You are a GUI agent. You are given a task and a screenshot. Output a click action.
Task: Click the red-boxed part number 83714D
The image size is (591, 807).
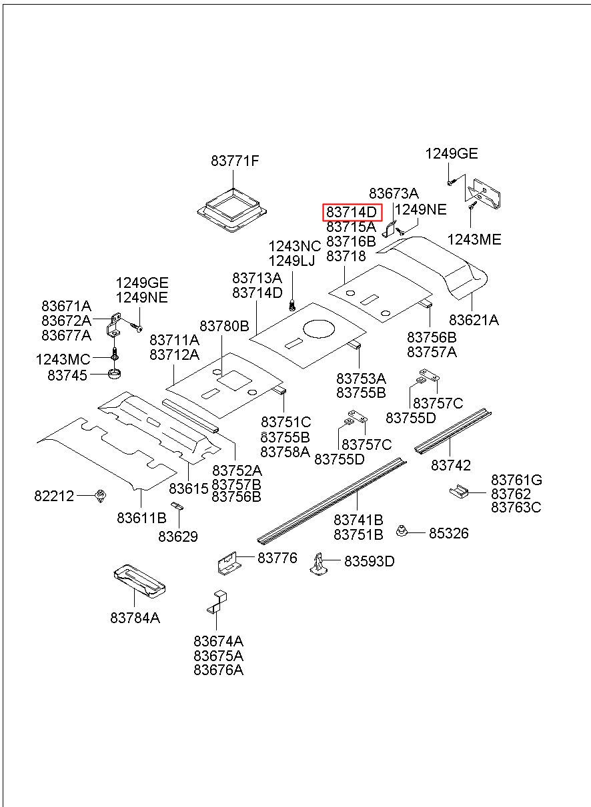tap(352, 213)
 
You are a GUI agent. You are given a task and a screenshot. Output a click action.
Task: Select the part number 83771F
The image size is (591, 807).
tap(235, 161)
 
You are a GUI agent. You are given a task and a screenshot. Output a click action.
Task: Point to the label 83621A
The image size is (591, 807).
tap(474, 320)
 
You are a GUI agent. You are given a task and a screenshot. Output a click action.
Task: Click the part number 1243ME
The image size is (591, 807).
tap(474, 240)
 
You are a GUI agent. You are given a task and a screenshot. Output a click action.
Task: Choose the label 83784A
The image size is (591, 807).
tap(135, 618)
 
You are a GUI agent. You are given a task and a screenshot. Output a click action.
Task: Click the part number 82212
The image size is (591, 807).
tap(54, 496)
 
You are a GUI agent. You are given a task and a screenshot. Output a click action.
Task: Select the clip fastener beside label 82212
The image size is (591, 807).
tap(101, 496)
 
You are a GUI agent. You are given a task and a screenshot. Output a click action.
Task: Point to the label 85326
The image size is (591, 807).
tap(448, 533)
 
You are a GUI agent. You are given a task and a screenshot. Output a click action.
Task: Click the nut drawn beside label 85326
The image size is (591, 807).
tap(403, 531)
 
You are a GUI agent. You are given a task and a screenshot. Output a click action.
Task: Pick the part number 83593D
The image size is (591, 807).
tap(370, 562)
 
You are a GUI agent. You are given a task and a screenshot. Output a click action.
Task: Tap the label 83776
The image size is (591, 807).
tap(277, 558)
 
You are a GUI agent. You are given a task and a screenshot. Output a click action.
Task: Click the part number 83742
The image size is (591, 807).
tap(451, 465)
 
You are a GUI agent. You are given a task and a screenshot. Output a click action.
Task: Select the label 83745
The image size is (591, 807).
tap(67, 375)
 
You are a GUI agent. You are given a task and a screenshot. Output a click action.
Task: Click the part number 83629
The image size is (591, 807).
tap(178, 536)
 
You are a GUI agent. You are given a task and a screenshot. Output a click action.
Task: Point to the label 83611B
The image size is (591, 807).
tap(141, 517)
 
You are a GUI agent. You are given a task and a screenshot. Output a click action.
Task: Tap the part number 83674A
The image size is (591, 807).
tap(219, 641)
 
